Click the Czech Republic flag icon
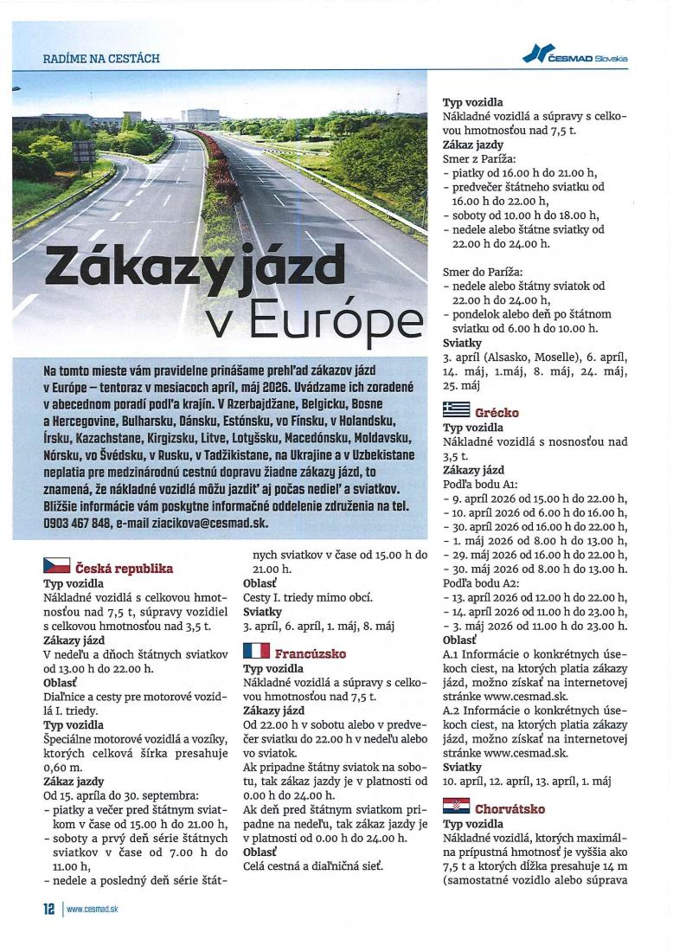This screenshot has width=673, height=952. coord(57,567)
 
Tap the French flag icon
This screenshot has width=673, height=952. coord(256,651)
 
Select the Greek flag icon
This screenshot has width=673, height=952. coord(456,411)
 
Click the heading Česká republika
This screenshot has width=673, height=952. coord(125,569)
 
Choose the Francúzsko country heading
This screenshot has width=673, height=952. coord(311,653)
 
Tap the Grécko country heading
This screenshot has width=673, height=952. coord(497,413)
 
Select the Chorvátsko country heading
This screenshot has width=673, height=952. coord(510,809)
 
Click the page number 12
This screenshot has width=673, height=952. coord(48,909)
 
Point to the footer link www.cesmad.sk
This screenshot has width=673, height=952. coord(92,910)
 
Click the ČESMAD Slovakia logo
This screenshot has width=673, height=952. coord(575,56)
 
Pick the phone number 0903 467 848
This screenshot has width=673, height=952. coord(77,524)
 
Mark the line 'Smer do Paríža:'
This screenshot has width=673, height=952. coord(482,272)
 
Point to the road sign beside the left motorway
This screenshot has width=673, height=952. coord(85,151)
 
